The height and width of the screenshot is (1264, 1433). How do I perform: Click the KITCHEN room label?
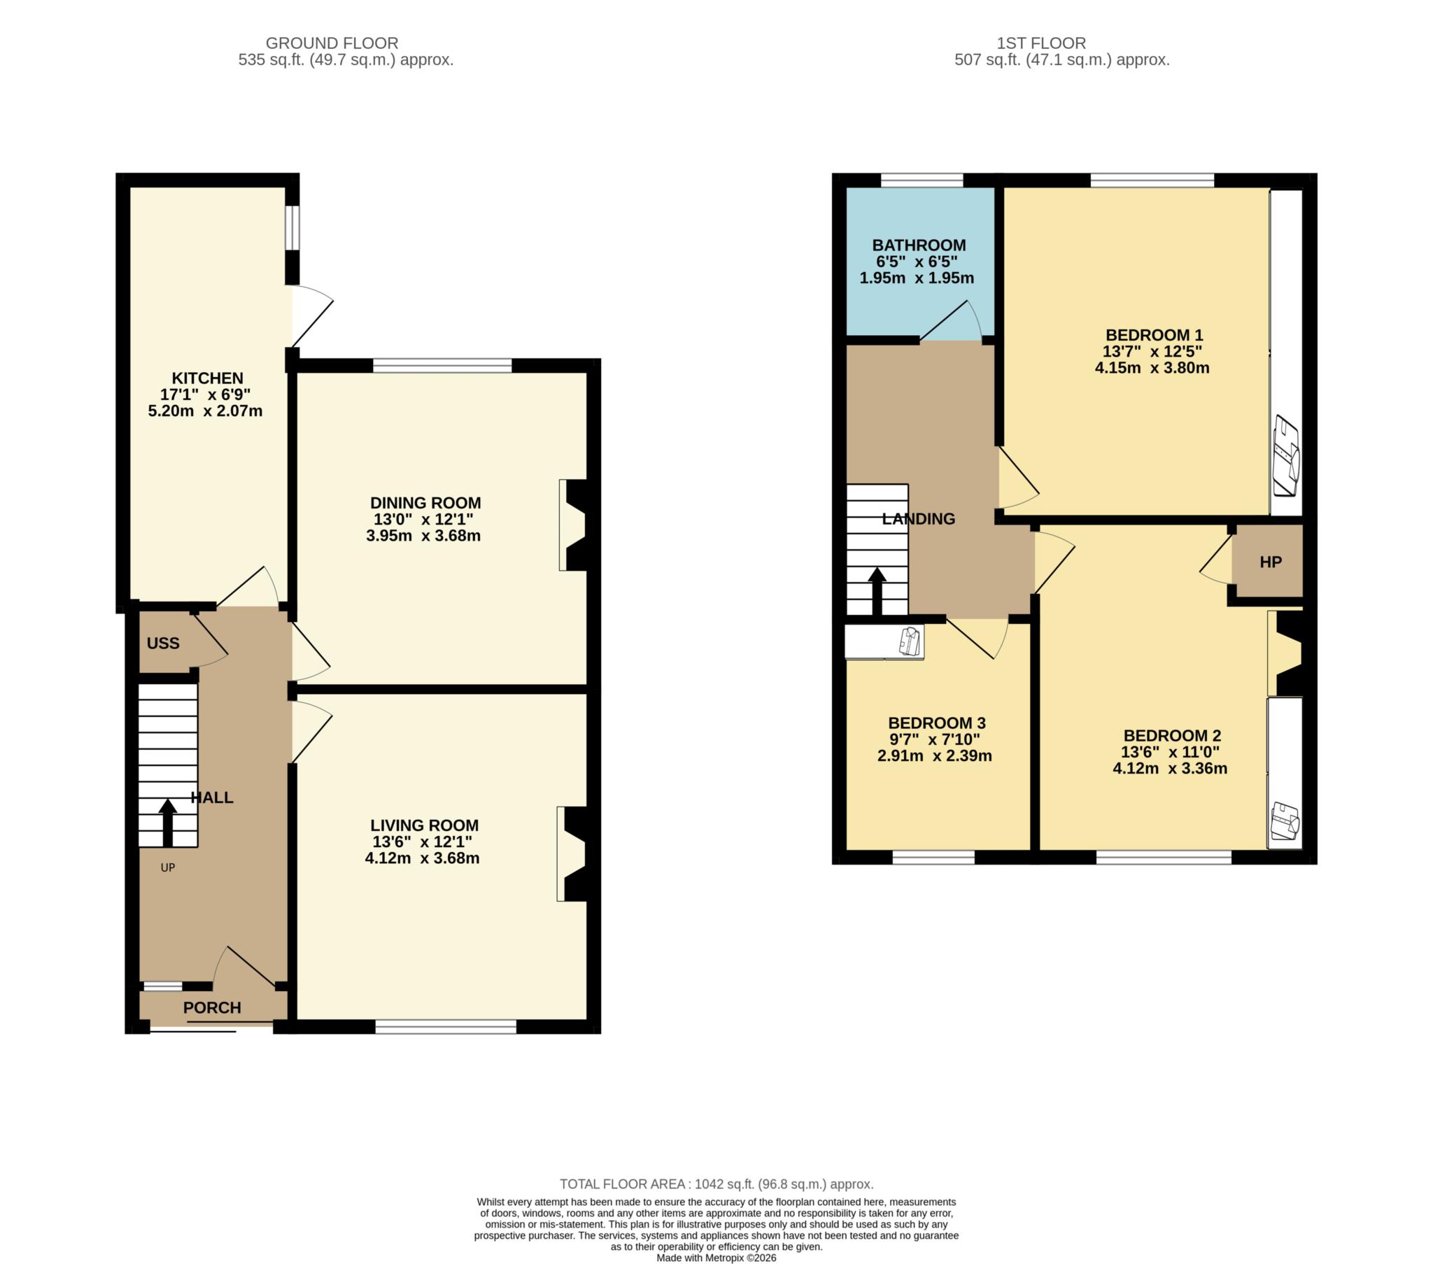(x=208, y=378)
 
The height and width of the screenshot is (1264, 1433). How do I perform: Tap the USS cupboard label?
(x=162, y=644)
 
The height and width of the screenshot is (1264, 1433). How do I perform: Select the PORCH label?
(x=212, y=1007)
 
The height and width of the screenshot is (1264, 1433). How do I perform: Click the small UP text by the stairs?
(x=167, y=868)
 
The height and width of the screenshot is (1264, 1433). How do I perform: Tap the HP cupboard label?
(x=1271, y=562)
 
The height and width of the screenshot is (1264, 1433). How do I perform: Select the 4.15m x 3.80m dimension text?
(x=1152, y=368)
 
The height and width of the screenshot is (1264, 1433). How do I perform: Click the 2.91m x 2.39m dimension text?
(x=935, y=755)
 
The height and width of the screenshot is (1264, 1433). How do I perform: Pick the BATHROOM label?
(x=919, y=246)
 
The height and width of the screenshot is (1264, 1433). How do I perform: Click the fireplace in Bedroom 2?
(x=1285, y=653)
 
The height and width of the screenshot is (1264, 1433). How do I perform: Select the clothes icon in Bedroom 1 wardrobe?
(x=1287, y=455)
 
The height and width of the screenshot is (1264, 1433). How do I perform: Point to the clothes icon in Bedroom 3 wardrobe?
(x=910, y=641)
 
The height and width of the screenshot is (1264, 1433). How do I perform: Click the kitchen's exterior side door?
(x=311, y=315)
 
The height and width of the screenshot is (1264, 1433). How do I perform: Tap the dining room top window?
(x=442, y=365)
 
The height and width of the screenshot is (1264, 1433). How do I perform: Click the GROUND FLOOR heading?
(x=332, y=43)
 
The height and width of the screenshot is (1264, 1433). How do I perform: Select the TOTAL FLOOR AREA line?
(x=716, y=1184)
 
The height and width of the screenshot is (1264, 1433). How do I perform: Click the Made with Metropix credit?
(x=716, y=1258)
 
